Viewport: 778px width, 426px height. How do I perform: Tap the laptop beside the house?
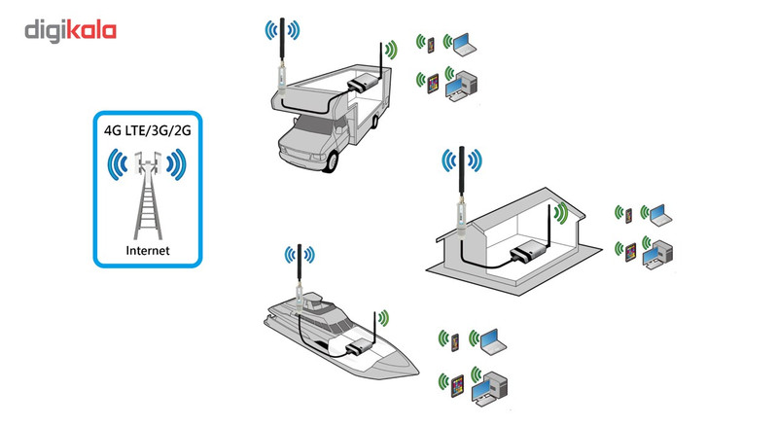[656, 212]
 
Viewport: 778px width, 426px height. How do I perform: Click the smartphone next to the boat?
[454, 339]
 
